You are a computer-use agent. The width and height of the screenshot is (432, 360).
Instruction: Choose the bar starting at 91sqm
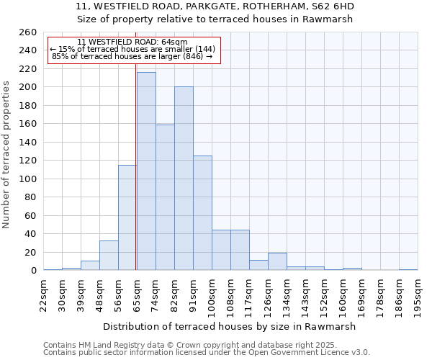point(202,213)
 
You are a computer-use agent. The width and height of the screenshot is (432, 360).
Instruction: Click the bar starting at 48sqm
point(109,256)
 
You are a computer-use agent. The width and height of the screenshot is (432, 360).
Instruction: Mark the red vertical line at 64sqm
point(135,166)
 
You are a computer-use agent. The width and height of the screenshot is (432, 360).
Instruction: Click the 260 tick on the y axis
point(28,32)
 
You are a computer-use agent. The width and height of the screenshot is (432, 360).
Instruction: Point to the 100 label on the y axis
point(28,179)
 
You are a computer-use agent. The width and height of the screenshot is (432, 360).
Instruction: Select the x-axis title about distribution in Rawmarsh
point(230,326)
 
